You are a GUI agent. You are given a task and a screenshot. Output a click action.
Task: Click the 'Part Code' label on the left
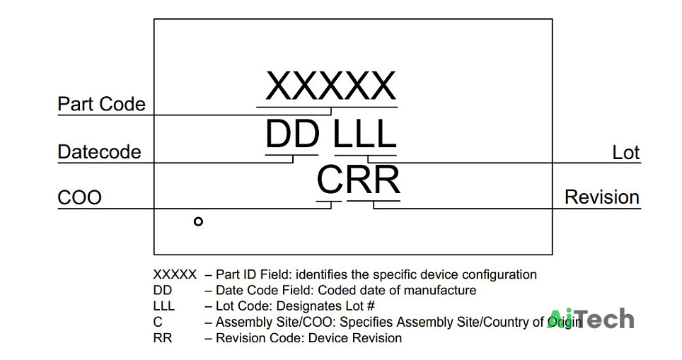point(101,104)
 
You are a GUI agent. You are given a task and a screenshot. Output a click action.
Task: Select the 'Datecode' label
point(100,152)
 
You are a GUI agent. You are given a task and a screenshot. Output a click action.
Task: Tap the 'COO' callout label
point(80,197)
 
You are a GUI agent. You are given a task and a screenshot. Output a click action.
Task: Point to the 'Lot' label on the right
point(626,153)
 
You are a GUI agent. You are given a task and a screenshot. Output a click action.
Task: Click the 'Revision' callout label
point(602,197)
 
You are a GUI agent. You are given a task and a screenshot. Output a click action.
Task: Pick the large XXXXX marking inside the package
point(331,86)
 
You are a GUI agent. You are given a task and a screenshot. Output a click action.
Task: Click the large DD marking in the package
point(292,134)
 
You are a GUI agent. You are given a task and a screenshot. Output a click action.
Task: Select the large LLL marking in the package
point(365,134)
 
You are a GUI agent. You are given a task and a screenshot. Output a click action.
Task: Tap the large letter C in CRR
point(330,179)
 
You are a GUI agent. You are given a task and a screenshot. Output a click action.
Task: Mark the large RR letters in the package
point(373,179)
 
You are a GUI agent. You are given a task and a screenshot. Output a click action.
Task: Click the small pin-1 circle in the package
point(198,222)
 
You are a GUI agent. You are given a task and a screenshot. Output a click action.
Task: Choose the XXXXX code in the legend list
point(175,275)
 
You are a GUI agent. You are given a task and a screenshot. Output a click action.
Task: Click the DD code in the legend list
point(163,291)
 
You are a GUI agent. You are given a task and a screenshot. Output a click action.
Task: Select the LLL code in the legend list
point(164,306)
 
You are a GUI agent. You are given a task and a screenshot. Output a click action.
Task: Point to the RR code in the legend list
point(163,338)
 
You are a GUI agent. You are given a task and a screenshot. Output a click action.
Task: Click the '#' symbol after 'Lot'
point(370,306)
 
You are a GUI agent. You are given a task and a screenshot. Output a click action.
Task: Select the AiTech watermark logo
point(591,319)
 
